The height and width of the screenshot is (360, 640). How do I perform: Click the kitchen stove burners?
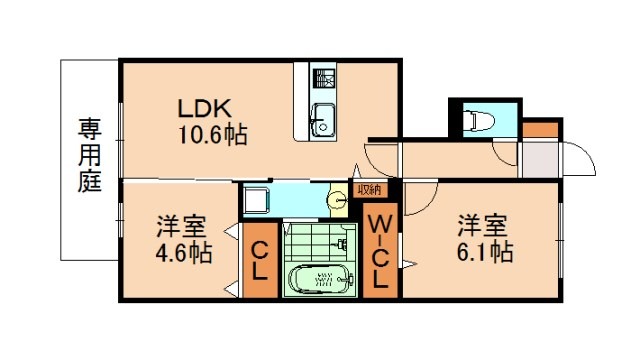click(x=322, y=79)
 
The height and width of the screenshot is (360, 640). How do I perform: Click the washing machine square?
click(x=257, y=198)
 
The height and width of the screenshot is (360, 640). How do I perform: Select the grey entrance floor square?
click(x=537, y=159)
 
